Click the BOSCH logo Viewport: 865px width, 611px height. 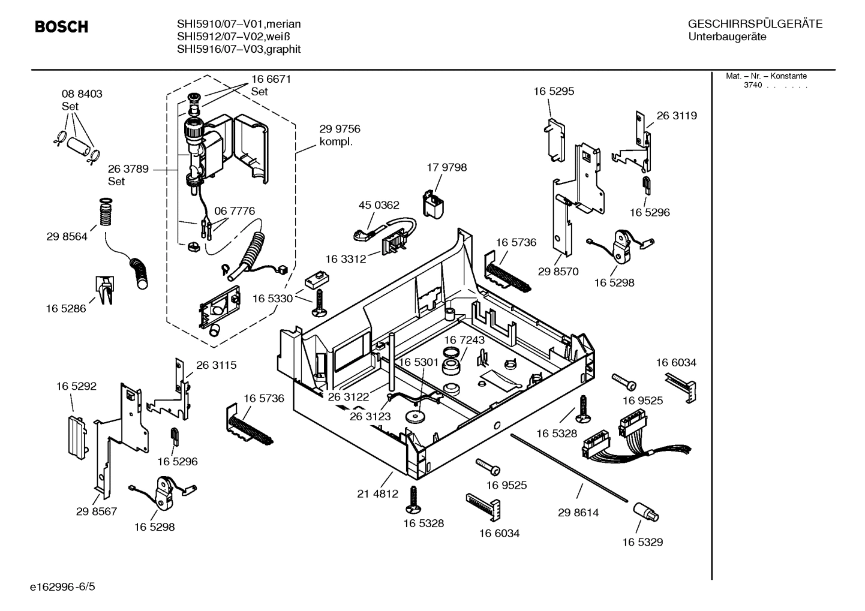pyautogui.click(x=61, y=27)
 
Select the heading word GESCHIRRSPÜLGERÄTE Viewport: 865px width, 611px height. pyautogui.click(x=755, y=24)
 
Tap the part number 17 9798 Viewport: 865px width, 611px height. pyautogui.click(x=446, y=167)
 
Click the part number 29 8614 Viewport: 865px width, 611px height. pyautogui.click(x=578, y=513)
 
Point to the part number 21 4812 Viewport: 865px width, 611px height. pyautogui.click(x=377, y=493)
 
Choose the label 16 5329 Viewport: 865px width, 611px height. pyautogui.click(x=642, y=542)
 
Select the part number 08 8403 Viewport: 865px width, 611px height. pyautogui.click(x=82, y=94)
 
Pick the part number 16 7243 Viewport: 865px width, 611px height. pyautogui.click(x=464, y=340)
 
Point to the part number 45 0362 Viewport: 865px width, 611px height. pyautogui.click(x=379, y=205)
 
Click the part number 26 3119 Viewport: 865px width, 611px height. pyautogui.click(x=677, y=116)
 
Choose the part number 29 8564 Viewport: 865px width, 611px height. pyautogui.click(x=67, y=236)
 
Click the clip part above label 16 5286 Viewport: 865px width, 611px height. pyautogui.click(x=103, y=289)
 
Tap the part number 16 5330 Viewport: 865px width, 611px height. pyautogui.click(x=272, y=298)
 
